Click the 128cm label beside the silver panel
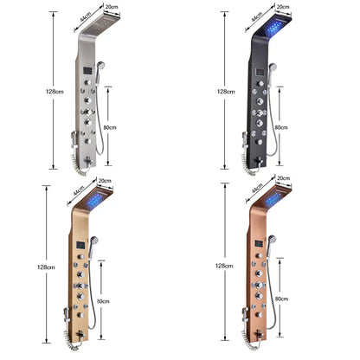coord(56,90)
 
